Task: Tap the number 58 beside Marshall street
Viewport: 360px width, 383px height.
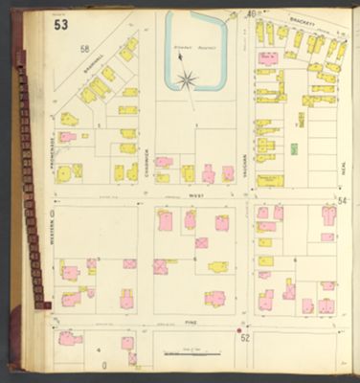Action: click(84, 49)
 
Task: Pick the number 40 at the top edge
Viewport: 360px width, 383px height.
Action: click(251, 14)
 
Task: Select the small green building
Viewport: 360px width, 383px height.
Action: click(293, 148)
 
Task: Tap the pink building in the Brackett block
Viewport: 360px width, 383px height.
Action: click(269, 58)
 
